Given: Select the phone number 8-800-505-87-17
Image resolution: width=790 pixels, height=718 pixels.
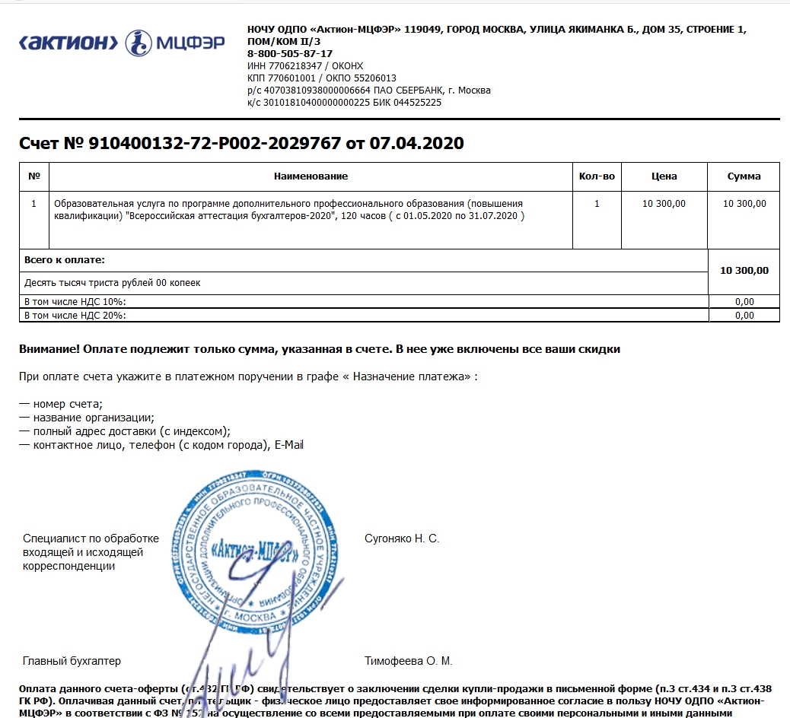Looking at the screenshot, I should tap(290, 54).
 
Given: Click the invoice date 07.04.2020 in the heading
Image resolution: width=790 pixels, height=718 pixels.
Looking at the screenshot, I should tap(416, 143).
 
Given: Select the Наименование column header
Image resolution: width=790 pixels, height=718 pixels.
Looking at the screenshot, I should tap(311, 176).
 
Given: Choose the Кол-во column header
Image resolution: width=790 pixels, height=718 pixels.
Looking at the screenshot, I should tap(597, 176).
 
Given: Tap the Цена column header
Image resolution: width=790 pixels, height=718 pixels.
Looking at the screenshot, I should tap(664, 176).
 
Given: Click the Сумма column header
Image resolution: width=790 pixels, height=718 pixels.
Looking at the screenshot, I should tap(744, 176).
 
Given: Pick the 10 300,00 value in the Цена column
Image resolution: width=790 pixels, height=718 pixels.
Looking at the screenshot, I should tap(664, 204).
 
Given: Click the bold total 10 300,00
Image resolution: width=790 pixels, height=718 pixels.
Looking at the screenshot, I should tap(744, 270).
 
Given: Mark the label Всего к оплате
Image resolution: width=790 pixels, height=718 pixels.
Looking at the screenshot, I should tap(65, 260).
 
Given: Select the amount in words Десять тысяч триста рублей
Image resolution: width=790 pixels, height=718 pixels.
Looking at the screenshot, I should tap(113, 283).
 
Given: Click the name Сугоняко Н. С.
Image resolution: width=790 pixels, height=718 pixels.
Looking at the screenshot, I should tap(402, 539).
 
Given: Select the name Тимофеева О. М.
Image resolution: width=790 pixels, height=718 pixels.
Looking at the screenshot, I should tap(408, 661).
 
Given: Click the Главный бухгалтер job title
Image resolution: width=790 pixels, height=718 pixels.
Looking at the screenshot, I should tap(72, 661).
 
